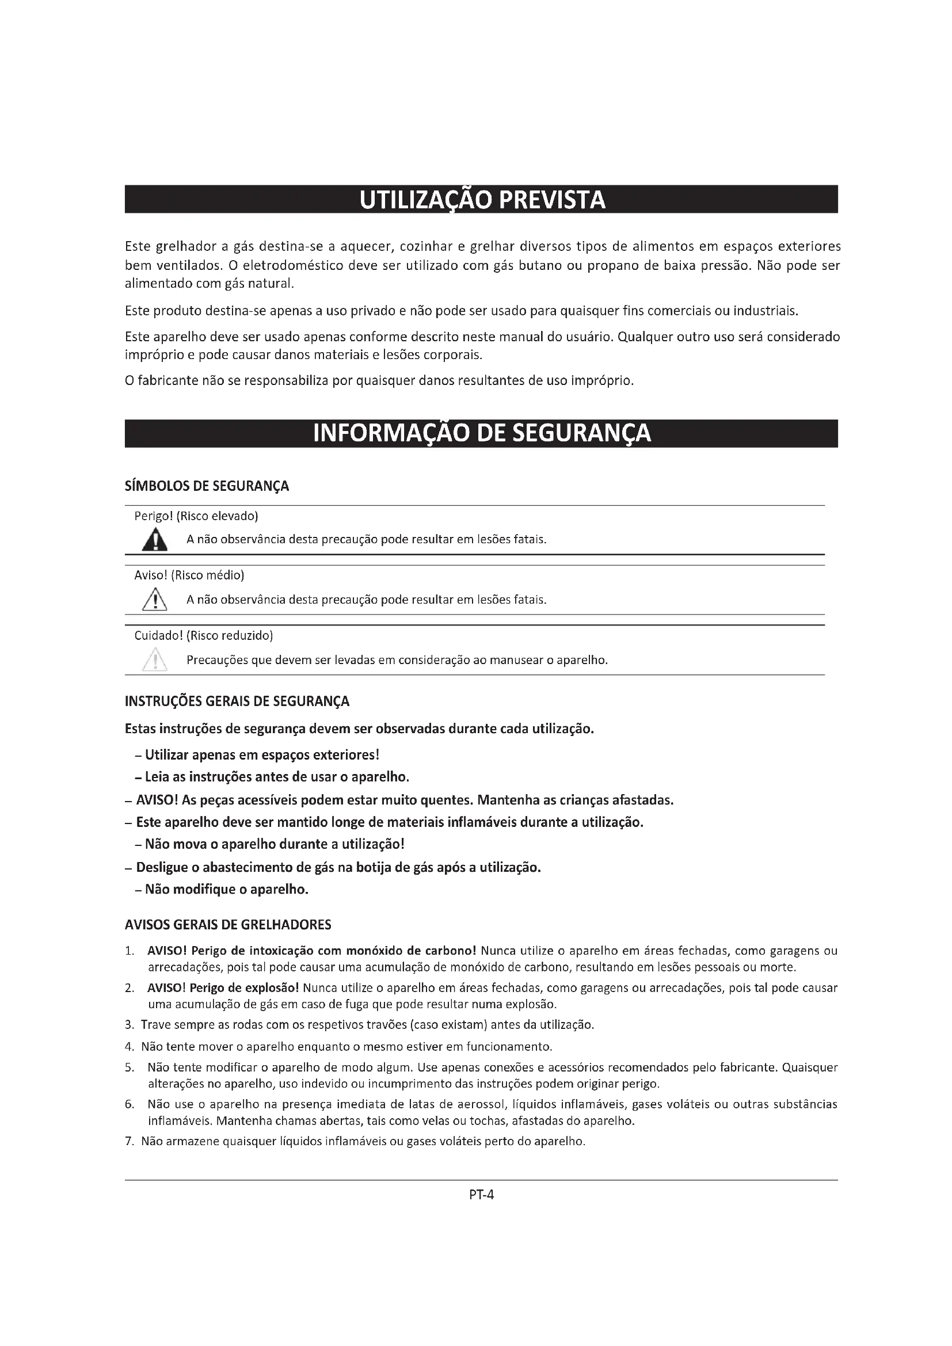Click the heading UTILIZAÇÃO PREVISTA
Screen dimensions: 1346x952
coord(481,200)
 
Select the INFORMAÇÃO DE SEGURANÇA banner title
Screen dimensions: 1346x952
coord(481,433)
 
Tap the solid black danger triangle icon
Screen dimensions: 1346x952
coord(155,540)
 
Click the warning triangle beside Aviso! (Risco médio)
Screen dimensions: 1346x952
coord(155,600)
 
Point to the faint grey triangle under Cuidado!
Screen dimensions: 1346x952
coord(155,660)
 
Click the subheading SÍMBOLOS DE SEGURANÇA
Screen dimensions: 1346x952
coord(207,486)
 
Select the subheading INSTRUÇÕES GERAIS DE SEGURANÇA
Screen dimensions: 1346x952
coord(237,701)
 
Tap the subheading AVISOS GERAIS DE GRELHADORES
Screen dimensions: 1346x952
coord(228,925)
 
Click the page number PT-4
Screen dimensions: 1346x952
coord(481,1194)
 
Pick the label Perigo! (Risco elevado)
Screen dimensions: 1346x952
coord(196,516)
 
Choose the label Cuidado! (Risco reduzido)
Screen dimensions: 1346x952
coord(203,635)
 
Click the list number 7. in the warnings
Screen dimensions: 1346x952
coord(130,1141)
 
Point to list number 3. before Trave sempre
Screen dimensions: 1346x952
coord(130,1025)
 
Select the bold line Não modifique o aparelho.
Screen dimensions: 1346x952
coord(227,889)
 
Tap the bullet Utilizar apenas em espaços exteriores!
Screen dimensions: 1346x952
coord(262,755)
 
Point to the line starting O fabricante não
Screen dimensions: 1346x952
coord(379,381)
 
